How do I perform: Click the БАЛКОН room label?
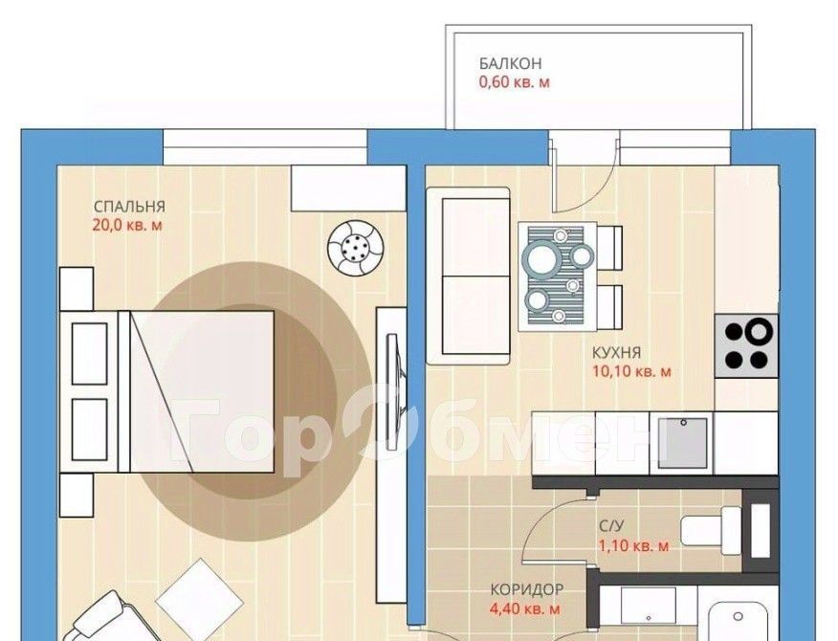coord(510,63)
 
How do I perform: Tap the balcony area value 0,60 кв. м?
coord(514,82)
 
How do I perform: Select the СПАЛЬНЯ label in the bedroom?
coord(129,207)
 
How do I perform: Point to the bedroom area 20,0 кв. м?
coord(127,225)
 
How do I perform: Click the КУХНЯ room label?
coord(616,353)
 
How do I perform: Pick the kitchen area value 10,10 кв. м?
coord(631,371)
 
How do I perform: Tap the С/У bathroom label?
coord(611,526)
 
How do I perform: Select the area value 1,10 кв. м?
coord(633,546)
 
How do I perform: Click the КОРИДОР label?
coord(527,589)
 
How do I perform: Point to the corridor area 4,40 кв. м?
coord(525,608)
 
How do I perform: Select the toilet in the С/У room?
coord(711,530)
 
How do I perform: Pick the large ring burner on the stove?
coord(759,332)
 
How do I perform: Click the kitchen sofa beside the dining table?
coord(468,276)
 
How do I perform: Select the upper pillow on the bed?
coord(89,353)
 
